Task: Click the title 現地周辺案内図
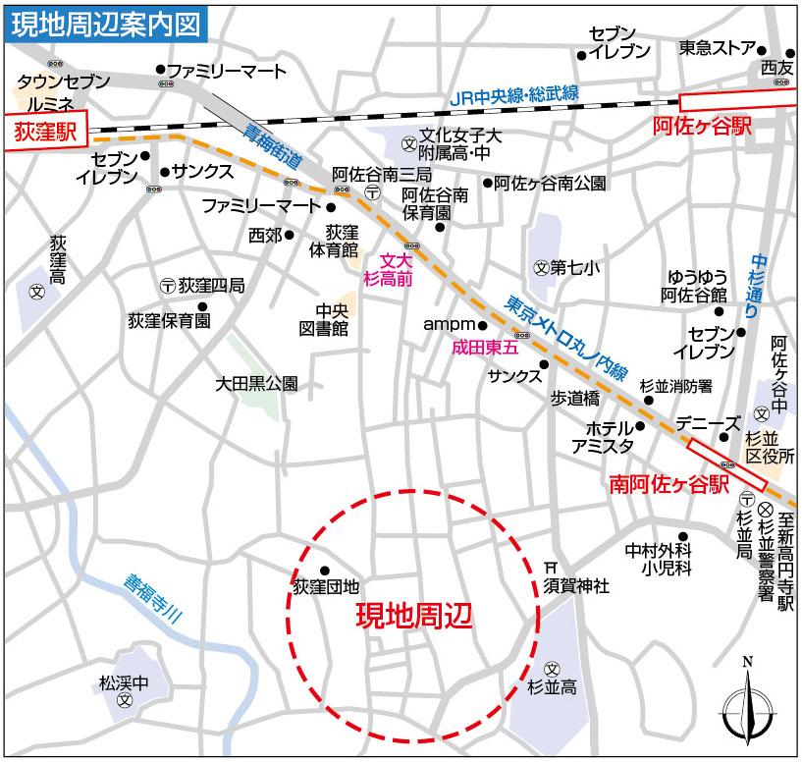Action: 106,22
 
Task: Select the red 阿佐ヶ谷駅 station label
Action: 702,127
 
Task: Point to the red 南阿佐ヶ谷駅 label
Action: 668,484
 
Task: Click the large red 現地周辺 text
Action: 413,616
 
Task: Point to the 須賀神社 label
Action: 577,586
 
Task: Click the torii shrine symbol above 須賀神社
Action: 551,568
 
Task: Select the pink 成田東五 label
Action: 483,347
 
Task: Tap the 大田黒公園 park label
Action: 255,385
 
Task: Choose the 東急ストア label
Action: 717,48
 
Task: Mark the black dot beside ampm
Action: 483,324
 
